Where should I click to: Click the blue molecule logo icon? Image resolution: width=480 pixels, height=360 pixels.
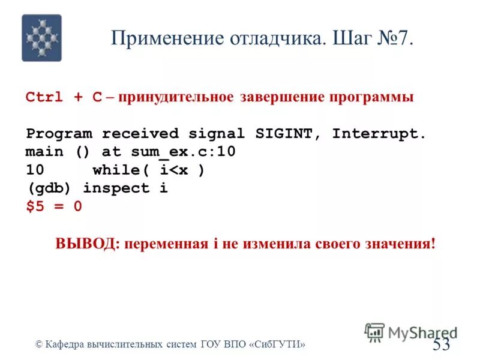41,38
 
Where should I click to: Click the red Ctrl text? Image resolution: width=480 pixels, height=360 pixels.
44,97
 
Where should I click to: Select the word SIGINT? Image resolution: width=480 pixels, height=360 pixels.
285,133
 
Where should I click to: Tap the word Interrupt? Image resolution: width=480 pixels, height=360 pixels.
379,133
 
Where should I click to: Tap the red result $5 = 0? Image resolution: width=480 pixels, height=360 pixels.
53,206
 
